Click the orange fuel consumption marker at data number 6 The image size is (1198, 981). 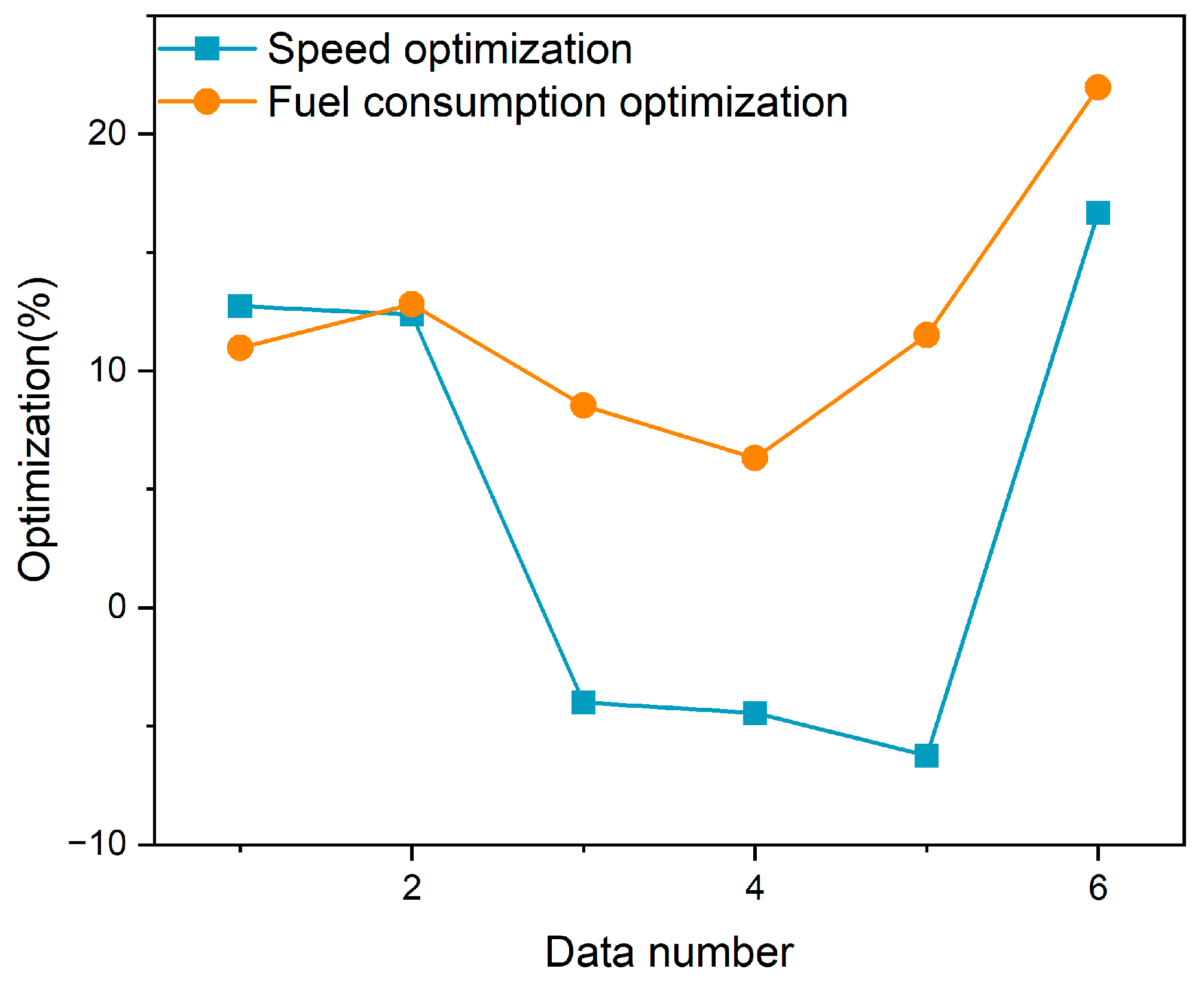(x=1098, y=88)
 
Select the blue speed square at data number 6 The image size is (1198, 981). (x=1098, y=213)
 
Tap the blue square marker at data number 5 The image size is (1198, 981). (x=926, y=756)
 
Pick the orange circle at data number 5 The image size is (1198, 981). (x=926, y=335)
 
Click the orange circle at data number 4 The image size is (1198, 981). (x=754, y=458)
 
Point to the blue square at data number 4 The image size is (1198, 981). (x=754, y=713)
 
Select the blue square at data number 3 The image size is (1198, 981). (x=583, y=702)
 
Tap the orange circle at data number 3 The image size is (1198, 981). (x=583, y=406)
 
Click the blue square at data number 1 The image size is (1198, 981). (x=240, y=306)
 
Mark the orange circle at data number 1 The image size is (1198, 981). (x=240, y=347)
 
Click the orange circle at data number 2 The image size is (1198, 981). (x=411, y=304)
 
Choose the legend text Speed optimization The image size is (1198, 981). (x=450, y=49)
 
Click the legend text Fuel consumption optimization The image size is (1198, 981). (x=557, y=102)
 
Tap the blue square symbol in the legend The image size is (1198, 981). (x=207, y=48)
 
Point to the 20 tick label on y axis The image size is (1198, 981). (x=108, y=133)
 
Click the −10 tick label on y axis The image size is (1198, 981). (x=98, y=844)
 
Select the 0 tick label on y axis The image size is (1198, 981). (x=118, y=607)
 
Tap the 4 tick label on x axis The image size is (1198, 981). (x=754, y=888)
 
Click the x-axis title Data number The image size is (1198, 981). (x=669, y=952)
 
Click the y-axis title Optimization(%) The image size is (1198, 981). (x=36, y=429)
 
